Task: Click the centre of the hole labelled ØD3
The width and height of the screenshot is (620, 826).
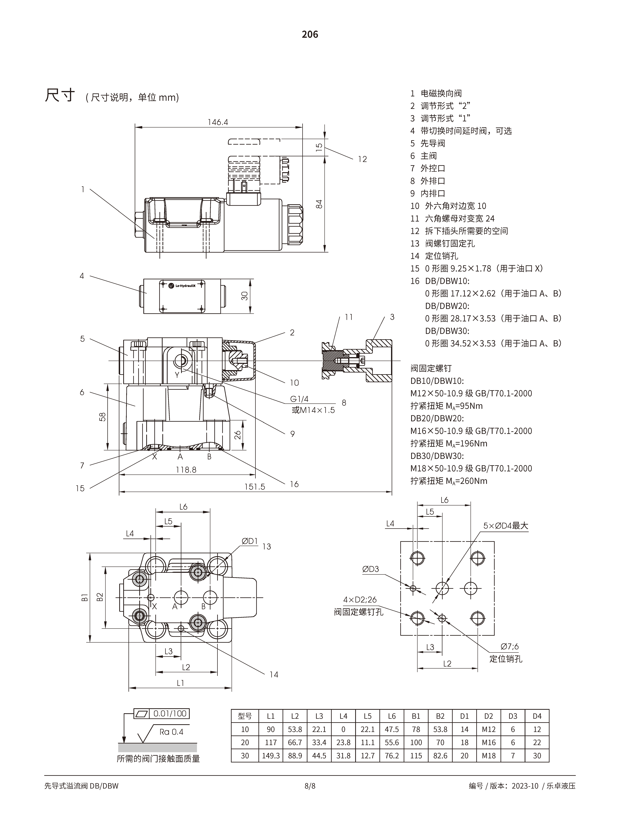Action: tap(413, 589)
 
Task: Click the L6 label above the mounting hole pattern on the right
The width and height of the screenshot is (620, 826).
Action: tap(444, 500)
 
